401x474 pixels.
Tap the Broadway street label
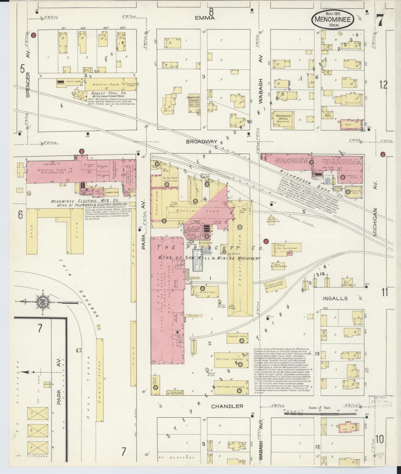(201, 141)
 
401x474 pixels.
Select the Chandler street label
(227, 406)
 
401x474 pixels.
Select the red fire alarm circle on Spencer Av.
(34, 35)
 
